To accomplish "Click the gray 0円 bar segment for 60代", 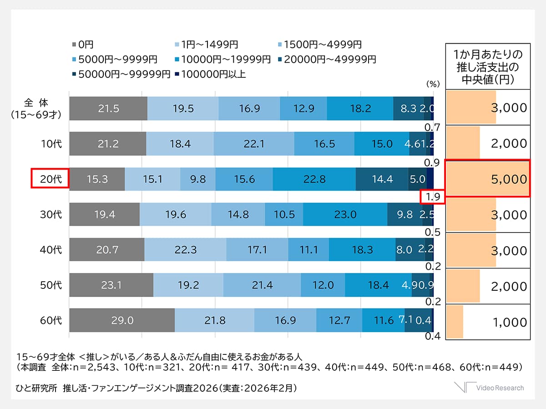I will tap(122, 320).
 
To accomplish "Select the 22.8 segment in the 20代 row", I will tap(314, 179).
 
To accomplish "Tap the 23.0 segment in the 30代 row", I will tap(345, 215).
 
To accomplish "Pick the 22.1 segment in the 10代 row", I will tap(254, 144).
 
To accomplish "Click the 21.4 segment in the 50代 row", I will tap(262, 285).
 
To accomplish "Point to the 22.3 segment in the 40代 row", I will tap(185, 250).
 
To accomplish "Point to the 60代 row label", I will tap(51, 321).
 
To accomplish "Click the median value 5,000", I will tap(509, 179).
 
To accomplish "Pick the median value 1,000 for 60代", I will tap(509, 322).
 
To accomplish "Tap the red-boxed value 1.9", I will tap(432, 197).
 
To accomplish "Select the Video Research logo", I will tap(489, 387).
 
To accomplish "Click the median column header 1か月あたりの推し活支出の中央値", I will tap(488, 67).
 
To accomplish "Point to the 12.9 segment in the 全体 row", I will tap(303, 108).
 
